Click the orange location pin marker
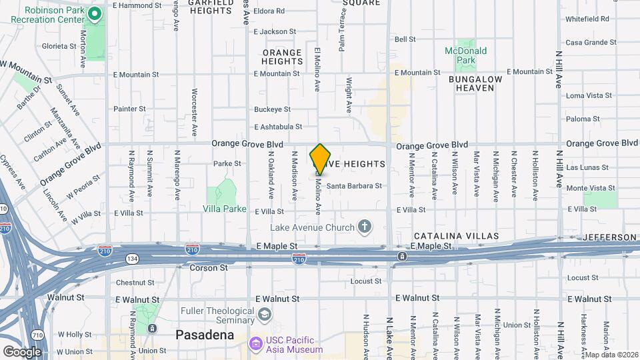(x=320, y=159)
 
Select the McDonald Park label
(x=466, y=55)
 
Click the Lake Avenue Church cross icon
(x=364, y=227)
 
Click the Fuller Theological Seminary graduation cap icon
(x=265, y=314)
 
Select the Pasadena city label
(x=205, y=335)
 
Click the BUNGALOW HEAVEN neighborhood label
(x=475, y=83)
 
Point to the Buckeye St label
(x=272, y=109)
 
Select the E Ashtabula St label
(x=278, y=127)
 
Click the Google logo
(x=22, y=351)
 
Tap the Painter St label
(x=129, y=109)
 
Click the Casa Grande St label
(x=590, y=43)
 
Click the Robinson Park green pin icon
(x=95, y=13)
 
